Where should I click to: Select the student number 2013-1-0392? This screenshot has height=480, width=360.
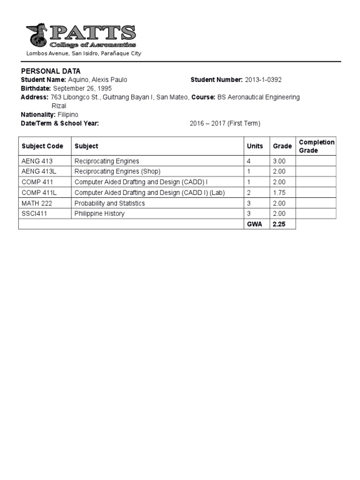coord(263,80)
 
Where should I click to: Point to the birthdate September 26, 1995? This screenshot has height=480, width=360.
coord(82,89)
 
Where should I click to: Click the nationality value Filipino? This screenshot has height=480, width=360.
coord(68,115)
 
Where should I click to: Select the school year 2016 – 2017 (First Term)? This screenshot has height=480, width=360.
coord(225,124)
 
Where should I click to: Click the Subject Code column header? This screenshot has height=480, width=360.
coord(42,146)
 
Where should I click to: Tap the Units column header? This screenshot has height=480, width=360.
coord(255,146)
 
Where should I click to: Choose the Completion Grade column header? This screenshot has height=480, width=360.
coord(316,146)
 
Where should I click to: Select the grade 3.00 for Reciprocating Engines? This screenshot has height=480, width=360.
coord(279,161)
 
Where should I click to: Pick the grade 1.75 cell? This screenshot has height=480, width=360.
coord(279,193)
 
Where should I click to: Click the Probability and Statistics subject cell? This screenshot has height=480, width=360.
coord(110,203)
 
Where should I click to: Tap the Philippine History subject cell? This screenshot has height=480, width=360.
coord(100,214)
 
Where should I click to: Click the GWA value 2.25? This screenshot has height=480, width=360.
coord(279,225)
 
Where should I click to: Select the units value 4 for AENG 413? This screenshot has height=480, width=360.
coord(249,161)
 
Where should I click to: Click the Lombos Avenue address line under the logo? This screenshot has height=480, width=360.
coord(83,53)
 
